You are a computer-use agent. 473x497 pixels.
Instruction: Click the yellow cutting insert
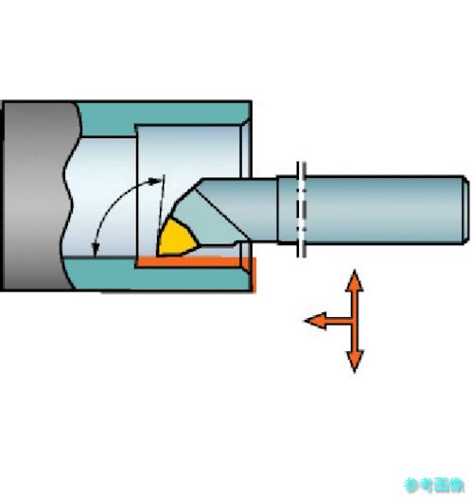click(x=177, y=239)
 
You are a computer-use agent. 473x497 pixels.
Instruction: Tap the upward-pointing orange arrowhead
click(x=355, y=281)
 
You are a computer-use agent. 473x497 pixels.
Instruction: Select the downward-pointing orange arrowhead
click(x=355, y=361)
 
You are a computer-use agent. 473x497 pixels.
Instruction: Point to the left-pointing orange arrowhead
click(x=316, y=321)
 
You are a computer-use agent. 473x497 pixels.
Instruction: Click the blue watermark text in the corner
click(x=434, y=485)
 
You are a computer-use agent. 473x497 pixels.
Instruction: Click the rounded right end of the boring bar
click(x=465, y=210)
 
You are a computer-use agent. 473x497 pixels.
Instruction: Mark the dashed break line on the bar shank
click(x=301, y=209)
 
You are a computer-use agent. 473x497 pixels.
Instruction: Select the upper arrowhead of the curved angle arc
click(x=156, y=181)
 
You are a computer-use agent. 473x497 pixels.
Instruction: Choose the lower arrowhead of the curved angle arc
click(x=95, y=249)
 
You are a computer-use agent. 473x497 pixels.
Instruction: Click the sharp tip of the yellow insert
click(x=158, y=255)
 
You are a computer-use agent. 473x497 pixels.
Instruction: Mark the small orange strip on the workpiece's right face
click(x=254, y=275)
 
